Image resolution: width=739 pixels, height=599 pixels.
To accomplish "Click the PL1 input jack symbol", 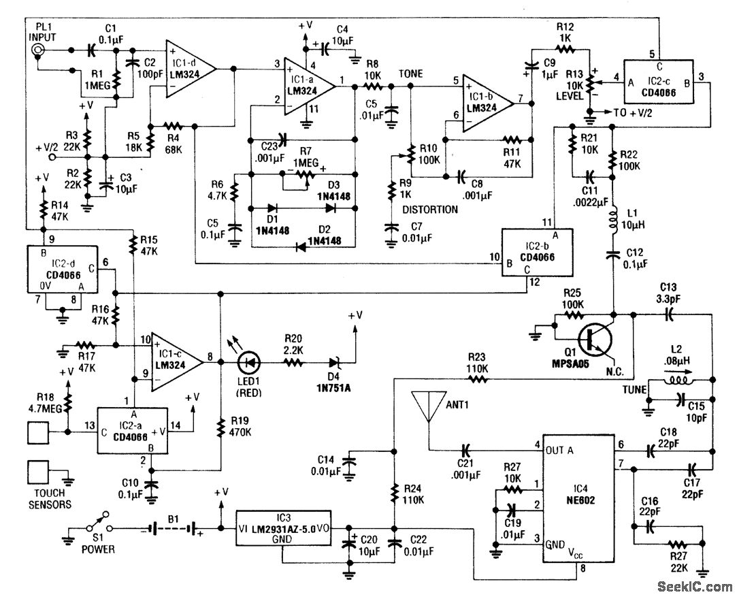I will (x=39, y=50).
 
